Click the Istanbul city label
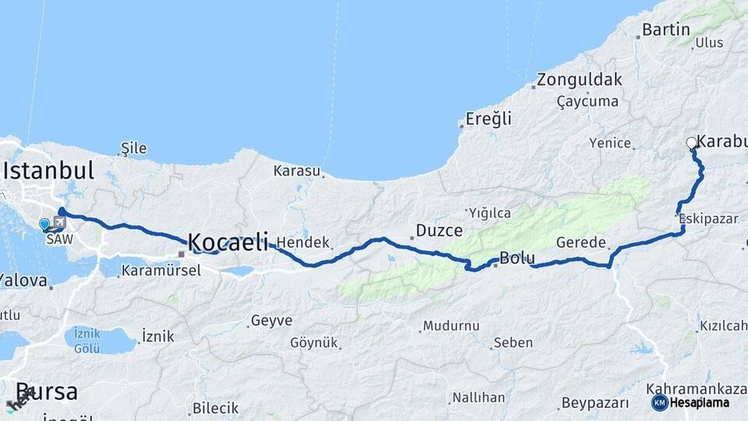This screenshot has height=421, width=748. [x=48, y=171]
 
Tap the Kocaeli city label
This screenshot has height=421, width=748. [x=228, y=241]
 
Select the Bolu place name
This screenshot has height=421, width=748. [x=516, y=258]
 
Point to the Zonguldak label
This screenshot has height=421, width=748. [x=579, y=80]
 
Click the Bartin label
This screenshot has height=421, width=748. [x=666, y=30]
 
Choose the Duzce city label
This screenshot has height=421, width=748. [x=439, y=231]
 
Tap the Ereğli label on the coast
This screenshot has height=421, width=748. [x=489, y=119]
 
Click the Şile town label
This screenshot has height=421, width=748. [x=134, y=148]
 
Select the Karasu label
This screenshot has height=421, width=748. [x=296, y=170]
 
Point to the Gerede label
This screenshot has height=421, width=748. [x=581, y=242]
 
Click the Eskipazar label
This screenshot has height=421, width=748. [x=708, y=218]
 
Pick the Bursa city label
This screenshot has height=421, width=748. [x=47, y=391]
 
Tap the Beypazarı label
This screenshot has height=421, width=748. [x=594, y=403]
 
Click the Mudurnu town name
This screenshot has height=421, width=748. [x=447, y=326]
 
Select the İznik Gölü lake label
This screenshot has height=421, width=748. [x=86, y=341]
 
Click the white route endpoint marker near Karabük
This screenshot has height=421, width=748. [x=691, y=143]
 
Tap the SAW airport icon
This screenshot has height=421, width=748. [x=60, y=222]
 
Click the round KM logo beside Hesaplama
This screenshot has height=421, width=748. [x=659, y=402]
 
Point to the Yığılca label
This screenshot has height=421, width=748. [x=489, y=212]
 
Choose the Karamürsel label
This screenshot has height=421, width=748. [x=161, y=271]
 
